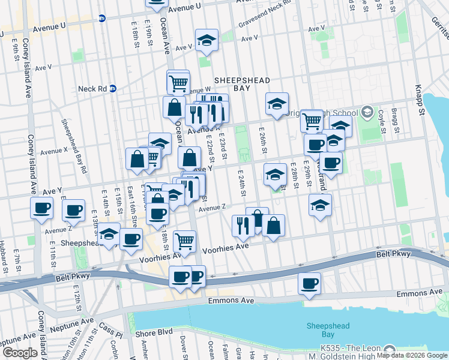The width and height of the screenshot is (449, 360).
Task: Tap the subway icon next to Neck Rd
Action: [112, 89]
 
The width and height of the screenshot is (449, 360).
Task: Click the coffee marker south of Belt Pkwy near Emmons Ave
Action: [309, 283]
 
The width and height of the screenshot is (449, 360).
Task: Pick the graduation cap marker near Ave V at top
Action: [206, 40]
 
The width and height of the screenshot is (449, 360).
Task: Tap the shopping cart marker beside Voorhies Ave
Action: [185, 241]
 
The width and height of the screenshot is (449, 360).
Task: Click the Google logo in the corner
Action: [20, 353]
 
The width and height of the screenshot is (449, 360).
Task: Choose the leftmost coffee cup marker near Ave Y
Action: [42, 208]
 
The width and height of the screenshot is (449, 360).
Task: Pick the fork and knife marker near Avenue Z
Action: [243, 225]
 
